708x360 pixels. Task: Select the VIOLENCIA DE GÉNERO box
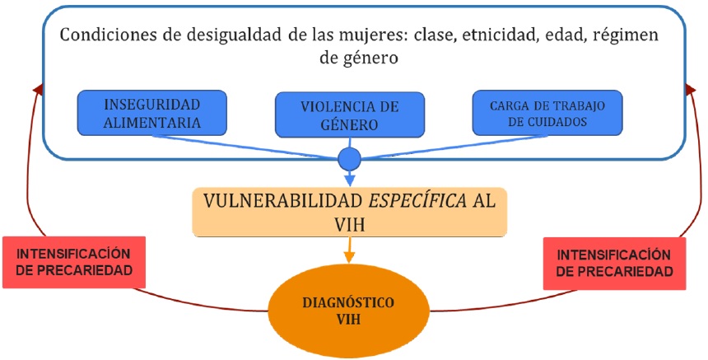pos(350,115)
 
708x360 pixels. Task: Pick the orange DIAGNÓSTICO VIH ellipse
pos(350,312)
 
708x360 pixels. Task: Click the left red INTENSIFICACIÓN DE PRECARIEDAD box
pos(75,262)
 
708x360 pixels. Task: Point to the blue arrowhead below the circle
pos(350,179)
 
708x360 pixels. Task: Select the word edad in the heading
pos(551,37)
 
